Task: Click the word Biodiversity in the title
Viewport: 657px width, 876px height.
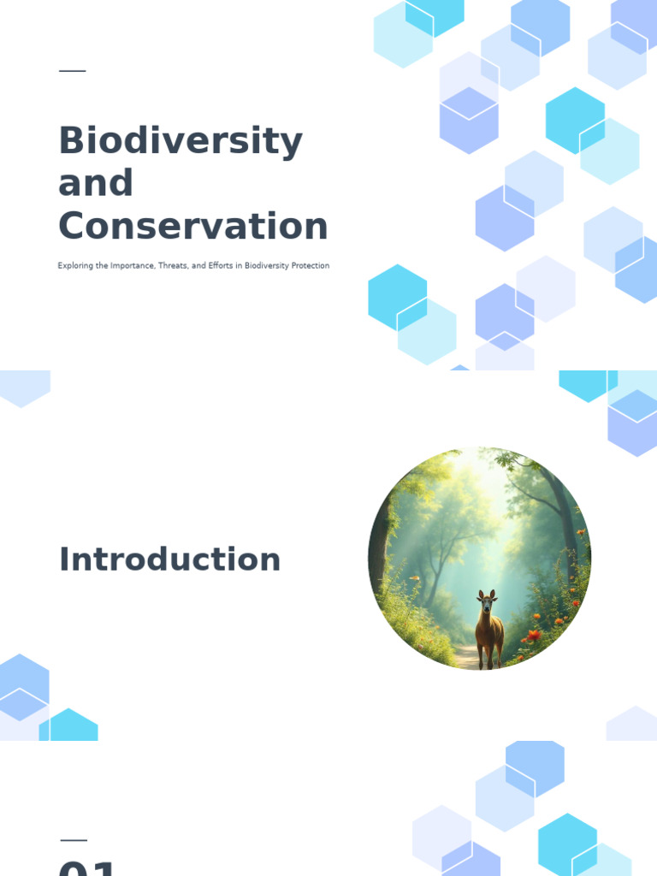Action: pyautogui.click(x=181, y=141)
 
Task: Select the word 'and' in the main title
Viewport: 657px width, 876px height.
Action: pyautogui.click(x=96, y=183)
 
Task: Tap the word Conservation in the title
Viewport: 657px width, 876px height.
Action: pyautogui.click(x=193, y=227)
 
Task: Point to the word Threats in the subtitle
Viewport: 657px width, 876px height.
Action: pyautogui.click(x=173, y=266)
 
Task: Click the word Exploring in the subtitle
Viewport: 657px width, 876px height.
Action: pyautogui.click(x=74, y=266)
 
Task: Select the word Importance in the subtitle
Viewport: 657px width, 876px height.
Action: pyautogui.click(x=127, y=266)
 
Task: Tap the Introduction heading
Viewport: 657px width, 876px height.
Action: pyautogui.click(x=169, y=559)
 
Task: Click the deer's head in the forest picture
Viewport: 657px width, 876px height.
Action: pyautogui.click(x=487, y=604)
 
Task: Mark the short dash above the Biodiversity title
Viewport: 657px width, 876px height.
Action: pyautogui.click(x=73, y=71)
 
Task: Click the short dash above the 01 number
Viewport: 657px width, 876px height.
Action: pyautogui.click(x=74, y=840)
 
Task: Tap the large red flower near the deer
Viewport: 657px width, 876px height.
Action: pyautogui.click(x=535, y=635)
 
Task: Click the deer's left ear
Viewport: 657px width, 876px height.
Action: pyautogui.click(x=481, y=594)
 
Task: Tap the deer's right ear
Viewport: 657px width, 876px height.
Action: pyautogui.click(x=493, y=593)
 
